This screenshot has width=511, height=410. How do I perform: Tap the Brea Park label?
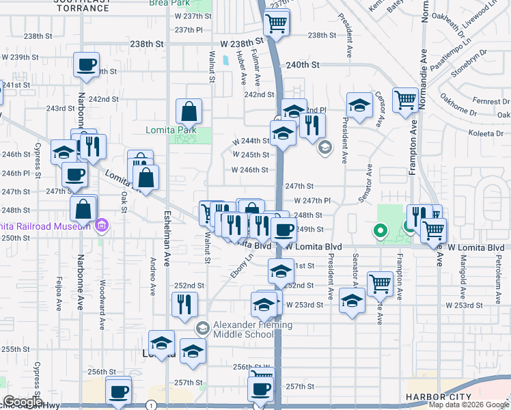point(169,3)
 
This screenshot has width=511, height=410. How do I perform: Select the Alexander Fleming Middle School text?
point(253,330)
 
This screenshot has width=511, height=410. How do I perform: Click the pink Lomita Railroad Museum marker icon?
point(102,225)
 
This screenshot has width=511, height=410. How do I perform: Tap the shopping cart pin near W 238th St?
point(277,25)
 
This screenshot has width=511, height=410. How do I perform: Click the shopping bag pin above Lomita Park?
point(189,111)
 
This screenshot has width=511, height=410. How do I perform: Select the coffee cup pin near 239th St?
point(87,66)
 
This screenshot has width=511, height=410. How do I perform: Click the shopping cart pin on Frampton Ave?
point(405,100)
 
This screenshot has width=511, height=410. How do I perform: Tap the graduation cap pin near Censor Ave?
point(359,106)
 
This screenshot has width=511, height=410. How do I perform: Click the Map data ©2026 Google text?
point(469,405)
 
